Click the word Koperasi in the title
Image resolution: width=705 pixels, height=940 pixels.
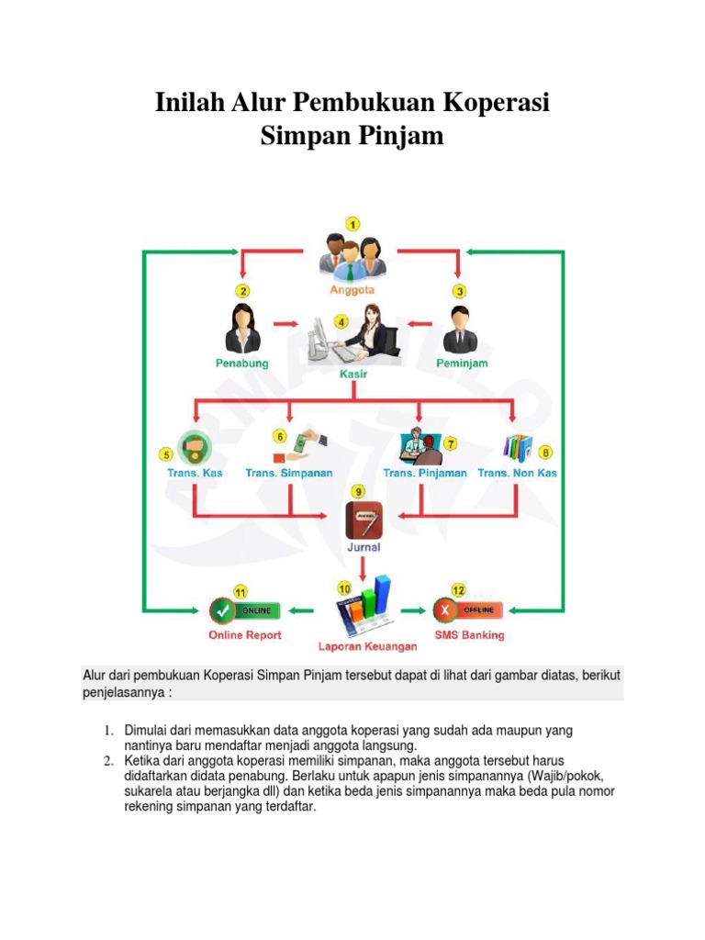tap(493, 102)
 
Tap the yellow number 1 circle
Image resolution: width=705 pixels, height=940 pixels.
tap(352, 223)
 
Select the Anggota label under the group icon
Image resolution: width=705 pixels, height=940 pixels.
tap(352, 289)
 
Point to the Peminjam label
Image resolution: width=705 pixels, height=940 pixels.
tap(461, 364)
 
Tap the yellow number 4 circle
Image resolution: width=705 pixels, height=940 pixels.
tap(341, 321)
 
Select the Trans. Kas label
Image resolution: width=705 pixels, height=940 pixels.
tap(195, 473)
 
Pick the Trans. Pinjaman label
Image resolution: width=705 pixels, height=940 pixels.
tap(425, 473)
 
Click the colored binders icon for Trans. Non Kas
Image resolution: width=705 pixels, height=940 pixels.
tap(519, 447)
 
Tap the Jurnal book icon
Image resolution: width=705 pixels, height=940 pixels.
tap(363, 520)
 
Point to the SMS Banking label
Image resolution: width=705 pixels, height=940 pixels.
tap(469, 634)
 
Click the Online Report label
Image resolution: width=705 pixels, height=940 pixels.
tap(245, 634)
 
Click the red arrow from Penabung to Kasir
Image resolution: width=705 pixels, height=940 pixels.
tap(287, 323)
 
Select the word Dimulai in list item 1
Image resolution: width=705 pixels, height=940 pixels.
tap(150, 731)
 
